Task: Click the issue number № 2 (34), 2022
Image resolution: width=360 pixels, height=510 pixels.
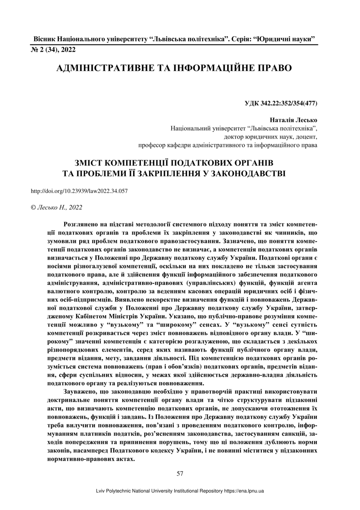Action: click(53, 50)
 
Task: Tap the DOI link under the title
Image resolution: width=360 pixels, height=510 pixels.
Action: click(79, 191)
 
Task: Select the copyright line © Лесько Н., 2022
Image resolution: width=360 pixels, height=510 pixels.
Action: click(57, 207)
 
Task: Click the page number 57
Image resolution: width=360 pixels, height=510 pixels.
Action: click(180, 473)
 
